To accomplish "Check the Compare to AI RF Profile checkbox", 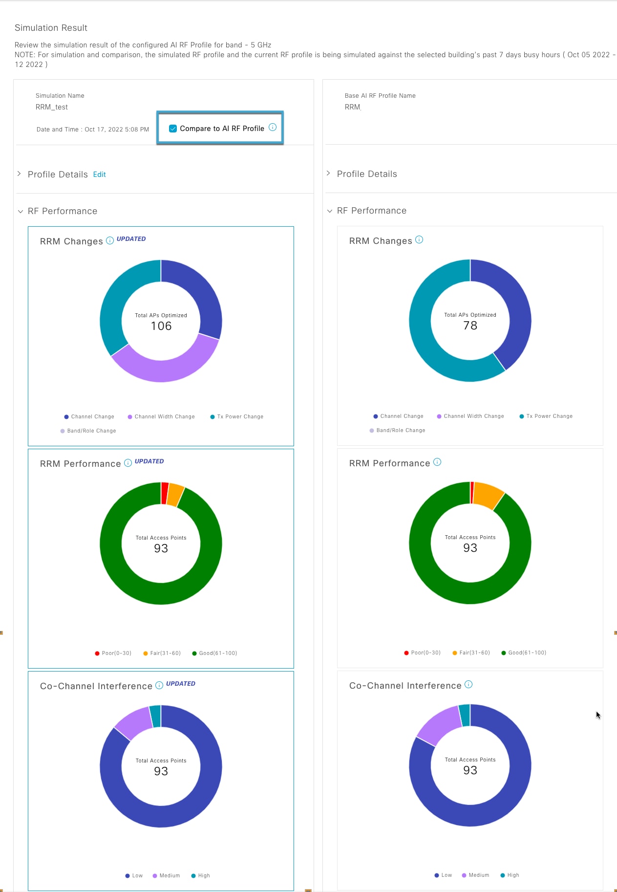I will tap(173, 129).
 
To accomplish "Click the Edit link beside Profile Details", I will tap(99, 174).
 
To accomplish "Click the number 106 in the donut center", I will tap(161, 326).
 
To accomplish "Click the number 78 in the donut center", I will tap(470, 326).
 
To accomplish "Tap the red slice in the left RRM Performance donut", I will tap(165, 493).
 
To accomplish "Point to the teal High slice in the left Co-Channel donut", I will tap(156, 716).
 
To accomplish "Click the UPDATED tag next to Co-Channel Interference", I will tap(180, 684).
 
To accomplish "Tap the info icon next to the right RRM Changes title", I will tap(419, 239).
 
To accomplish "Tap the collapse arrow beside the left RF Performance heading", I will tap(21, 212).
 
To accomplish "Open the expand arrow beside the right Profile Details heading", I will tap(328, 174).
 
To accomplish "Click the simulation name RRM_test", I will tap(52, 107).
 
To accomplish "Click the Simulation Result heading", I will tap(51, 28).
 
